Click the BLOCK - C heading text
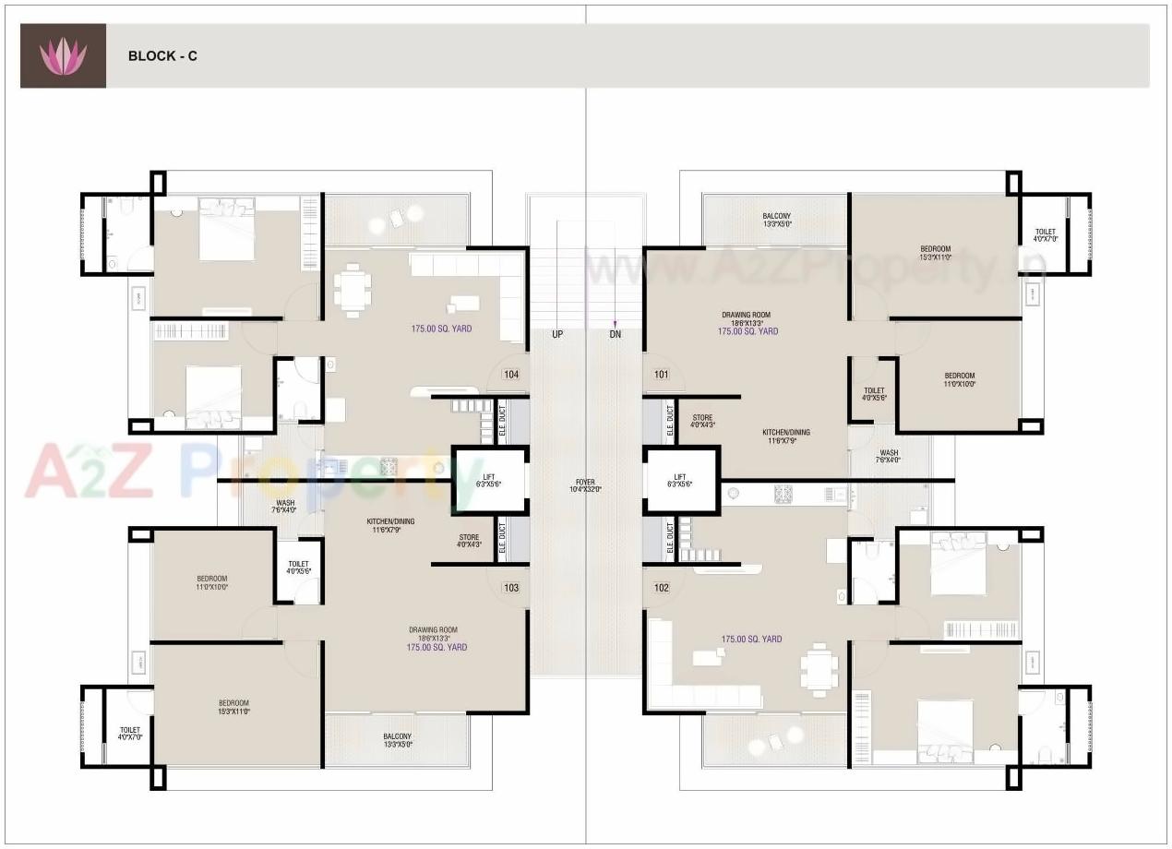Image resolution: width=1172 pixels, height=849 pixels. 162,56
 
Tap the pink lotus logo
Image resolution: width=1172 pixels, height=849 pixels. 63,56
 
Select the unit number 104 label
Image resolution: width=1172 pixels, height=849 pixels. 511,375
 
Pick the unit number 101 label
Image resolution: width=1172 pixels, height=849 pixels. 661,375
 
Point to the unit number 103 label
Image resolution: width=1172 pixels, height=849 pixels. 511,588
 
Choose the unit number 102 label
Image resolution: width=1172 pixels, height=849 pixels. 661,588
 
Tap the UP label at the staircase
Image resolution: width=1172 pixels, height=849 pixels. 557,334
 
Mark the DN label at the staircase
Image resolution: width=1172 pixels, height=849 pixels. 616,334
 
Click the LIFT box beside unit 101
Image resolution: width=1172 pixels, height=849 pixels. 682,480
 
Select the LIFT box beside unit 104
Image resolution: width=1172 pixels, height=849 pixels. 489,480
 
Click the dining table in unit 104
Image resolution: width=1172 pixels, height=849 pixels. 352,290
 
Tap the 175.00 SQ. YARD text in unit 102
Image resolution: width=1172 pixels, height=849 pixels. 751,639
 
